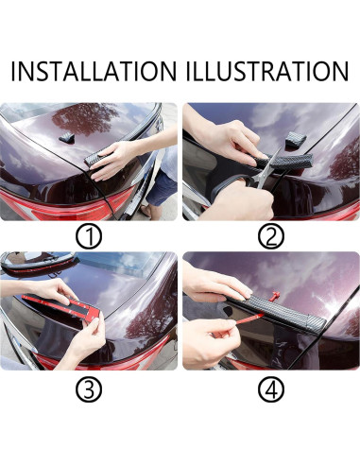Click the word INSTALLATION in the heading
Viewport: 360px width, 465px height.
tap(94, 72)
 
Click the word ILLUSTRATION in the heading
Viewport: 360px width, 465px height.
tap(267, 72)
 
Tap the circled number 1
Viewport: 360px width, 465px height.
tap(89, 237)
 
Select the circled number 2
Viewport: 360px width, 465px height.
tap(271, 237)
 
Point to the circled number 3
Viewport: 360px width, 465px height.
tap(89, 390)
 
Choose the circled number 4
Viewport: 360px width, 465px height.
tap(271, 390)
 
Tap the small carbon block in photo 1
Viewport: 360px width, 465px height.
tap(65, 137)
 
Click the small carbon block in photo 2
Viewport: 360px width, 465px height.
tap(294, 139)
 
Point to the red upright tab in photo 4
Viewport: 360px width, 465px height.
tap(275, 297)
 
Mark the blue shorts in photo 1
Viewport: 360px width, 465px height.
tap(161, 189)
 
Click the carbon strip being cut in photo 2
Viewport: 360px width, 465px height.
tap(285, 160)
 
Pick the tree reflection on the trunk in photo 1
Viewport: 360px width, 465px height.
tap(82, 118)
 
